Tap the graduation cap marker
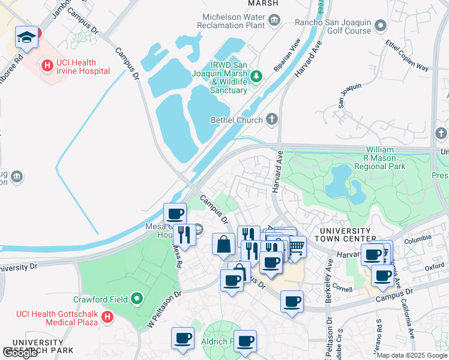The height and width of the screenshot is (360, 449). pos(26,37)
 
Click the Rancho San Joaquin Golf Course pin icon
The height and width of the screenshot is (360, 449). pos(381,26)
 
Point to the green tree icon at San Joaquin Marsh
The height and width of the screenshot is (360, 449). pos(257,76)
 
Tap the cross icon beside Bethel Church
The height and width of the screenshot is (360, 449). pos(272,119)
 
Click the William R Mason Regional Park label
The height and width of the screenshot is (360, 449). pos(380,158)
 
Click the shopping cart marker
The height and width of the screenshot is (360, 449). pos(295,247)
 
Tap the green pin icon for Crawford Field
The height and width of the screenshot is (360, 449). pos(137,298)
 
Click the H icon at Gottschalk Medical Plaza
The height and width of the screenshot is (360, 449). pos(107,316)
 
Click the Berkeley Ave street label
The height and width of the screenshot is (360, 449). pos(329,271)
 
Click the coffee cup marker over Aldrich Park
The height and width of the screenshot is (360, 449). pos(244,341)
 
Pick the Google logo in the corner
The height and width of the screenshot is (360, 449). pos(20,353)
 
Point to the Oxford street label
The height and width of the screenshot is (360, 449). pos(434,266)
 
